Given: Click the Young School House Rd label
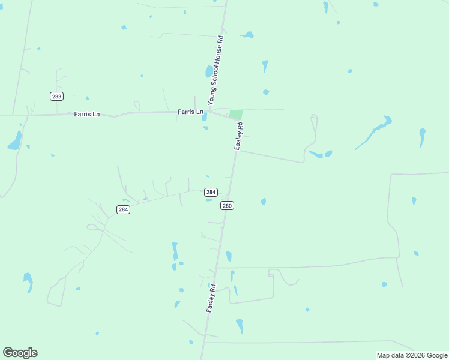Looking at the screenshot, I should (215, 71).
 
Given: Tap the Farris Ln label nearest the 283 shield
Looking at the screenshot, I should (87, 114).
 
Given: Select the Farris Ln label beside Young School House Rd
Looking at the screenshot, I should (191, 112).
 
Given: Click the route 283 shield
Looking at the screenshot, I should (56, 97).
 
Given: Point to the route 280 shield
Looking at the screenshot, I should (227, 205).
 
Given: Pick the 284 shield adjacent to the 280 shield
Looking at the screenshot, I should (211, 192).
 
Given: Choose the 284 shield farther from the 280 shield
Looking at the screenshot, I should (123, 209).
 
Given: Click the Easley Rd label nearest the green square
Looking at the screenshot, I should (239, 136).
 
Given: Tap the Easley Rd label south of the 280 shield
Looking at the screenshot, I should (211, 298).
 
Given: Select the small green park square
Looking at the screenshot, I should (236, 114).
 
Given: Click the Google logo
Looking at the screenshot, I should (20, 353).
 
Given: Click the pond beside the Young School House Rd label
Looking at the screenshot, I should (209, 71).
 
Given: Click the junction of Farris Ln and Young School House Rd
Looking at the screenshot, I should (208, 111).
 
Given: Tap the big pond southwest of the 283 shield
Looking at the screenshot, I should (14, 141).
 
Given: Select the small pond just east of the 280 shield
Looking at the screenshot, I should (263, 202).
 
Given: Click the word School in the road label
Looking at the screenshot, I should (214, 71).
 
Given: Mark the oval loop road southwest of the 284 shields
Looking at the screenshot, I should (94, 227).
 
